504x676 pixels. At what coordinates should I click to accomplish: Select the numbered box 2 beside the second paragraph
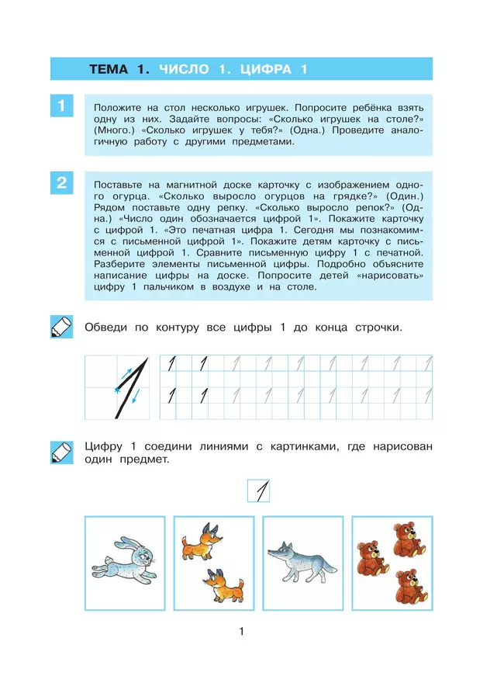click(x=61, y=184)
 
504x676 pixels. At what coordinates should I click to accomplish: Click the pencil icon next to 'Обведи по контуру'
click(x=60, y=327)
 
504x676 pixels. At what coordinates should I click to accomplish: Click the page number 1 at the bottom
click(x=242, y=632)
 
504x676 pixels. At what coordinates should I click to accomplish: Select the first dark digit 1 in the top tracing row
click(x=172, y=363)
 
